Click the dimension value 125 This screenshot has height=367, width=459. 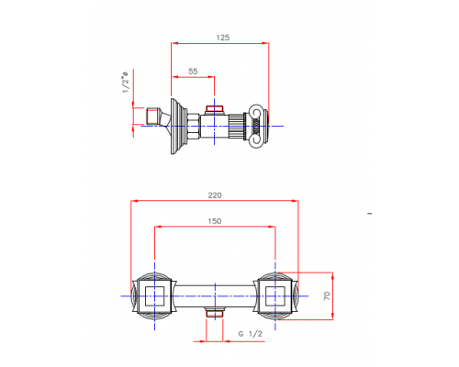point(223,38)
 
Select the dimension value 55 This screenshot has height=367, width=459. point(193,71)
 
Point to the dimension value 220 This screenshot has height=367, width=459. point(216,195)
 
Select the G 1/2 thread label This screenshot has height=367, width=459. point(250,335)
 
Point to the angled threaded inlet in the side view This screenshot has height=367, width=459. point(158,117)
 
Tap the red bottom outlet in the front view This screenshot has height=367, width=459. point(215,315)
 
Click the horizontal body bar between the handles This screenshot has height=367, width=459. point(215,295)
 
